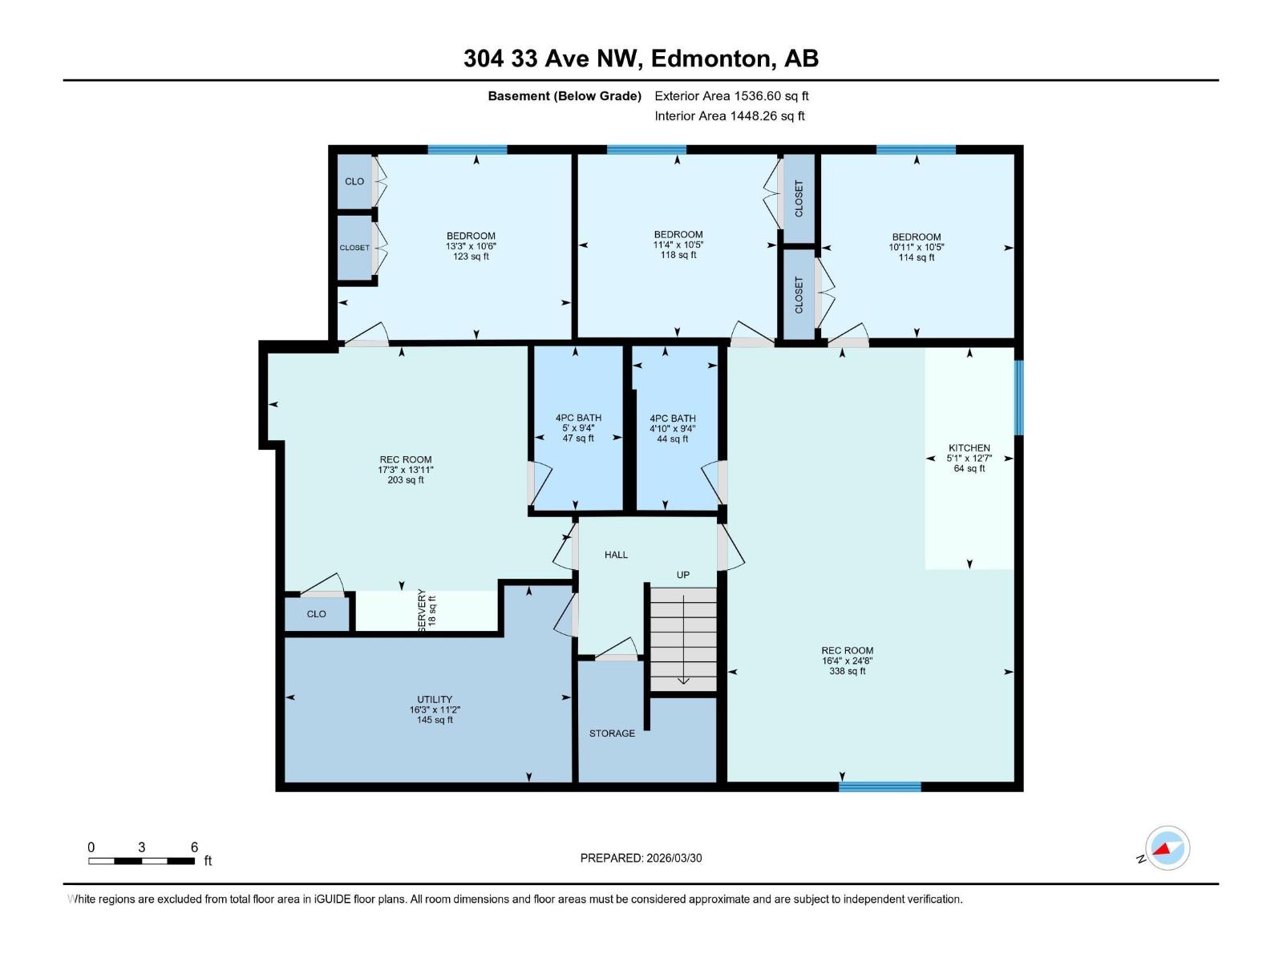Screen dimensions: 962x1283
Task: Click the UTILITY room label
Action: coord(435,699)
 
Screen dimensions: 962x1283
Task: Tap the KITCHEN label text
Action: coord(969,448)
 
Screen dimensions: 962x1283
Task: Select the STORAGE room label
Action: coord(612,734)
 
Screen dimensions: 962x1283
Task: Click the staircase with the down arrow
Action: coord(682,639)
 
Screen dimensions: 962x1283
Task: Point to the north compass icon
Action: coord(1167,848)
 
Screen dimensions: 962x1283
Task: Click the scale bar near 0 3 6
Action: coord(141,861)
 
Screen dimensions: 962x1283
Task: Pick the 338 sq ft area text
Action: coord(847,671)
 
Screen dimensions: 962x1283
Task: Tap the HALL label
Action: coord(616,555)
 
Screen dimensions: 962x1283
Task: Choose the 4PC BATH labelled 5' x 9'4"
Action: coord(577,428)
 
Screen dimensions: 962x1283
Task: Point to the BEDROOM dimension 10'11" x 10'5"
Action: coord(916,247)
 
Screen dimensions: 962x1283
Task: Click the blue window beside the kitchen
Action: coord(1018,398)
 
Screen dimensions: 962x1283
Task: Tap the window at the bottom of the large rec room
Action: coord(880,786)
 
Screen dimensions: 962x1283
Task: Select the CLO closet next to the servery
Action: coord(317,614)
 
